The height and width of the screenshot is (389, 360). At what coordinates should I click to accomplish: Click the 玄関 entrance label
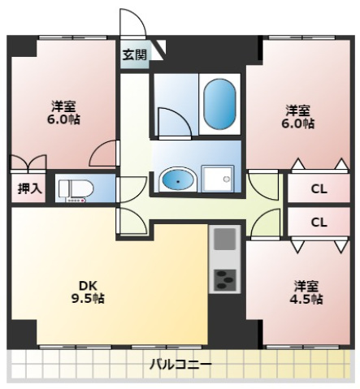pyautogui.click(x=135, y=55)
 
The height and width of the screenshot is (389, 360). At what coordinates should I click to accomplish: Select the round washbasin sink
pyautogui.click(x=176, y=179)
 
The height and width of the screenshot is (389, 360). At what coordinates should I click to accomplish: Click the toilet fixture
pyautogui.click(x=77, y=188)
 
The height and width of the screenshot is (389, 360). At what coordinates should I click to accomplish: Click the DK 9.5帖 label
pyautogui.click(x=90, y=291)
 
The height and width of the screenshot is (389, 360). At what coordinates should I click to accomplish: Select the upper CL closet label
pyautogui.click(x=319, y=189)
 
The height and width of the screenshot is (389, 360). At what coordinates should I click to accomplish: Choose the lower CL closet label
pyautogui.click(x=319, y=222)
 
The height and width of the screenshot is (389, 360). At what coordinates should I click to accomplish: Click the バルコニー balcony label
pyautogui.click(x=180, y=364)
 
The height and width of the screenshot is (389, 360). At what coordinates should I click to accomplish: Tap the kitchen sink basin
pyautogui.click(x=224, y=240)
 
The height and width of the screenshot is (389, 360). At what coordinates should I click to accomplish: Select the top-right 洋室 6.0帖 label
pyautogui.click(x=297, y=117)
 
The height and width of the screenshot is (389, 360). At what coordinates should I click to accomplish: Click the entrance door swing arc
pyautogui.click(x=130, y=24)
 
